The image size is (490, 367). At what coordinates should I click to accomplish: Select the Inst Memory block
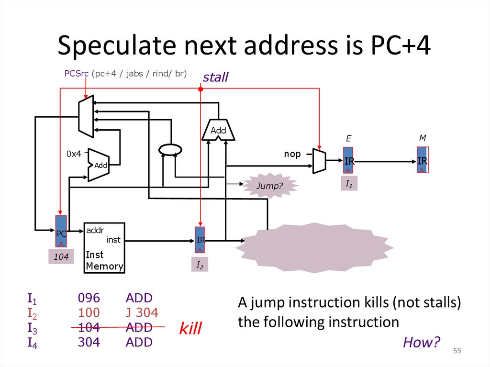[104, 247]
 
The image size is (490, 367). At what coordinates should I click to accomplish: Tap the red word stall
[215, 77]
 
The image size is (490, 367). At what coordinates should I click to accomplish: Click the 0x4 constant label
[74, 154]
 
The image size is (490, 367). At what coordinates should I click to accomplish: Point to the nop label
[292, 154]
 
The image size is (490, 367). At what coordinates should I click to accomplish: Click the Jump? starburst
[270, 186]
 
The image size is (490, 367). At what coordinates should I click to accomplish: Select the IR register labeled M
[422, 159]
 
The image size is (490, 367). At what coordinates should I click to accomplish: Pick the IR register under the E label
[348, 160]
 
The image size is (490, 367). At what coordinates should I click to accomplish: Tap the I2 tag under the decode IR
[200, 265]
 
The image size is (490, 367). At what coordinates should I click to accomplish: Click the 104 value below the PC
[61, 257]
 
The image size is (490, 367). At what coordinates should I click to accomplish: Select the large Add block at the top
[218, 130]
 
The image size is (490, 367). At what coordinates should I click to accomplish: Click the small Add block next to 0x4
[99, 165]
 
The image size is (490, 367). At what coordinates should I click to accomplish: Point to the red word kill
[190, 328]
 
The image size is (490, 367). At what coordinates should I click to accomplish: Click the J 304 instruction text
[142, 313]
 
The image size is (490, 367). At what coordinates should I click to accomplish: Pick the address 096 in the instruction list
[89, 298]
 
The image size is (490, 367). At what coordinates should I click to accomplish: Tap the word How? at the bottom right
[421, 342]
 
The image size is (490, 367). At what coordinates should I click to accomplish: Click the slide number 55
[457, 352]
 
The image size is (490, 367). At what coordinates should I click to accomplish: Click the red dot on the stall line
[200, 89]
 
